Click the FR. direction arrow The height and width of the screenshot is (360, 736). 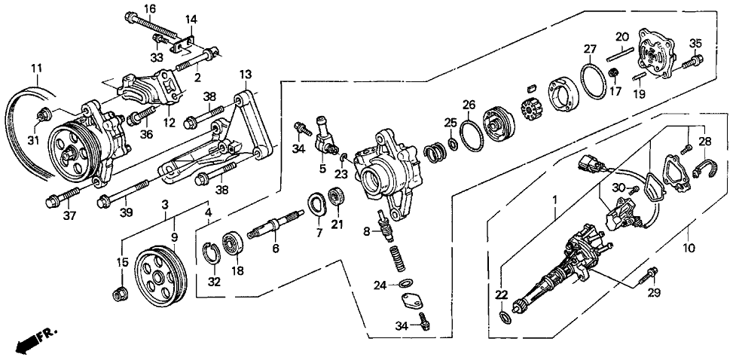tap(34, 340)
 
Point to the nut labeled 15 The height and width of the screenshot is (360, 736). tap(118, 292)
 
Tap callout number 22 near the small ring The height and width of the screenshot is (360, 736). tap(500, 294)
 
